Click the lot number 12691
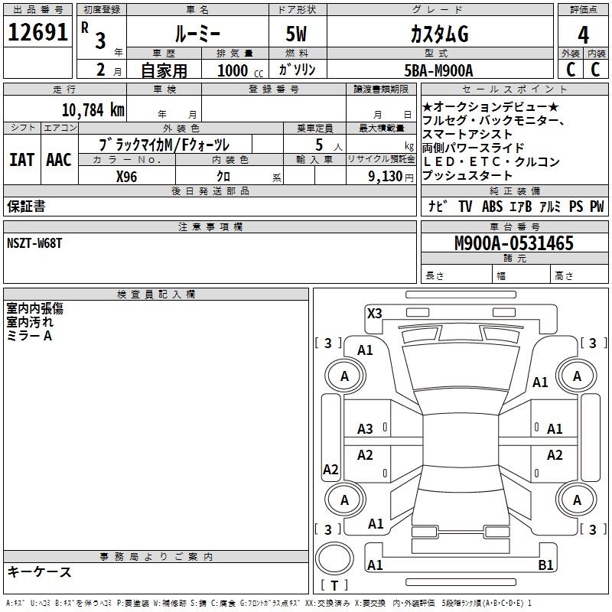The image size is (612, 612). pyautogui.click(x=37, y=32)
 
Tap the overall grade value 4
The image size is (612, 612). pyautogui.click(x=583, y=35)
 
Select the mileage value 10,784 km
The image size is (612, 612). pyautogui.click(x=93, y=110)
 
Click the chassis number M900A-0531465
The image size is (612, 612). pyautogui.click(x=514, y=243)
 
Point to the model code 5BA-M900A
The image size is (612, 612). pyautogui.click(x=438, y=70)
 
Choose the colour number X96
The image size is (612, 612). pyautogui.click(x=126, y=177)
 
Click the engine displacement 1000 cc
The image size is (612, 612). pyautogui.click(x=240, y=70)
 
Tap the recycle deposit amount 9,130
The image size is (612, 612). pyautogui.click(x=386, y=177)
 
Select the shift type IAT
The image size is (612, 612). pyautogui.click(x=21, y=160)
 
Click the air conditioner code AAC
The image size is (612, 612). pyautogui.click(x=59, y=160)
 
